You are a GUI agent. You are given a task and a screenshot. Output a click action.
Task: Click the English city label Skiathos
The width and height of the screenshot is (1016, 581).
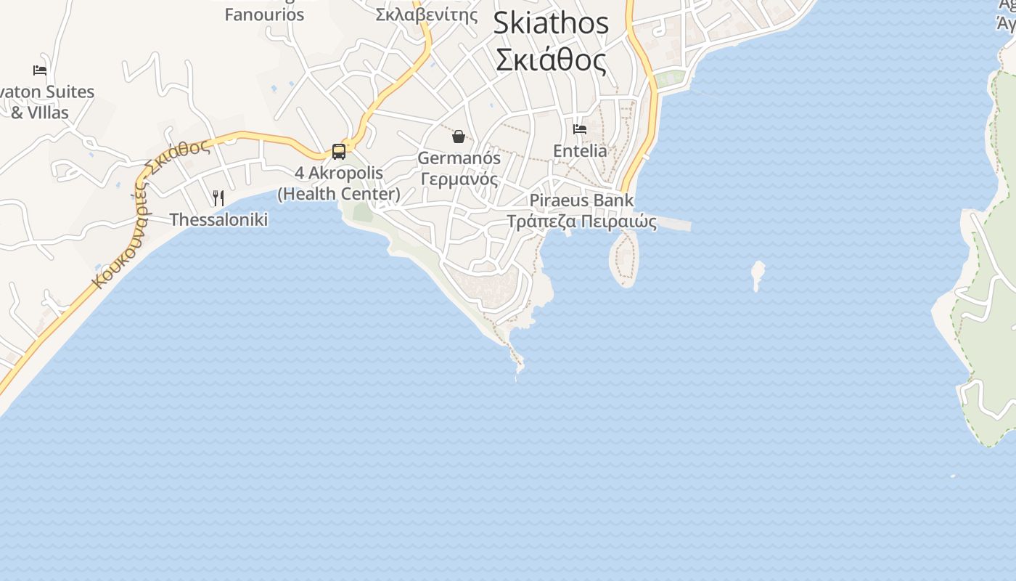(x=551, y=23)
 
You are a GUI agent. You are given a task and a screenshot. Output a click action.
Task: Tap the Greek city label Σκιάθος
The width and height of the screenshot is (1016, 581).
(x=551, y=60)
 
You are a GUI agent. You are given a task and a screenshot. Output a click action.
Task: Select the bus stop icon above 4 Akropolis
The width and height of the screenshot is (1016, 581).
(x=339, y=151)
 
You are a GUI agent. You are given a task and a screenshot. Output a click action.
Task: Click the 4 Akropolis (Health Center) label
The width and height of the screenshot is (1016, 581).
(x=339, y=184)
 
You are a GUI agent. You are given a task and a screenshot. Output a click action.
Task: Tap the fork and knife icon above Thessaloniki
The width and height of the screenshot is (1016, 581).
(x=218, y=198)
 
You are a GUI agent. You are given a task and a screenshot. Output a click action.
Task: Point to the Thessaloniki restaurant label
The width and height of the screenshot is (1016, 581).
(x=218, y=219)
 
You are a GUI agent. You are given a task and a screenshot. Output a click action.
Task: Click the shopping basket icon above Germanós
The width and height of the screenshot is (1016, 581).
(x=459, y=137)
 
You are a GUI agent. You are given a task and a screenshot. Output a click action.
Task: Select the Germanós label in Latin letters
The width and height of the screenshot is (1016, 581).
(x=459, y=158)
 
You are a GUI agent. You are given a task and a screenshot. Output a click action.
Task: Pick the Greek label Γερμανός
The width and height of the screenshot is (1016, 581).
(x=459, y=179)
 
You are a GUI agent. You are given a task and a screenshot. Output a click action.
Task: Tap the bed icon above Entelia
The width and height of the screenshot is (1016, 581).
(x=580, y=129)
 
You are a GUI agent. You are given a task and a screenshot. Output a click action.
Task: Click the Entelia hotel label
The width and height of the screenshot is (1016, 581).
(x=580, y=151)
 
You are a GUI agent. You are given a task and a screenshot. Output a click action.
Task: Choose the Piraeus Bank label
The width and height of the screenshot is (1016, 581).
(x=581, y=200)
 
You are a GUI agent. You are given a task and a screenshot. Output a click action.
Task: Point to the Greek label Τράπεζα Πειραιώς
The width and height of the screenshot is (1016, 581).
(x=581, y=222)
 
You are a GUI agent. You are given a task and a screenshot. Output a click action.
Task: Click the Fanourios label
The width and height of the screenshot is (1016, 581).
(x=264, y=15)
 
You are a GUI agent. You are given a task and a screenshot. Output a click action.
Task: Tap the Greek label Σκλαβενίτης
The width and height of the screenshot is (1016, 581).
(x=427, y=15)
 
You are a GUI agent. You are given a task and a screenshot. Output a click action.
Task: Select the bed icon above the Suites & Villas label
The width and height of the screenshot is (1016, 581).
(x=40, y=70)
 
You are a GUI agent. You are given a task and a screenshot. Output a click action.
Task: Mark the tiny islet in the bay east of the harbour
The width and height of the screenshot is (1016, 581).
(x=758, y=274)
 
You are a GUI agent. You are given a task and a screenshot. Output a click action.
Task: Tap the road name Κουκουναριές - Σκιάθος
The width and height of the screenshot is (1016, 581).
(x=145, y=211)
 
